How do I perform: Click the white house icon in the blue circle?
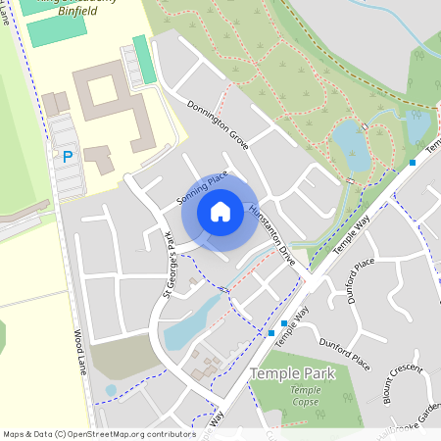coord(220,212)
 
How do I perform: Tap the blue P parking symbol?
coord(68,156)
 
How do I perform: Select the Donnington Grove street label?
coord(218,123)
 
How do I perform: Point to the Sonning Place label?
coord(202,187)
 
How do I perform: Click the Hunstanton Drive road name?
coord(271,236)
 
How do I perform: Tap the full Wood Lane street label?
coord(79,352)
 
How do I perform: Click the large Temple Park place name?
coord(292,373)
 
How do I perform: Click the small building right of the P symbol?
coord(98,155)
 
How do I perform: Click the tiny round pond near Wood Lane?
coord(111,390)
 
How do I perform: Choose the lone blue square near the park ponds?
coord(413,162)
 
